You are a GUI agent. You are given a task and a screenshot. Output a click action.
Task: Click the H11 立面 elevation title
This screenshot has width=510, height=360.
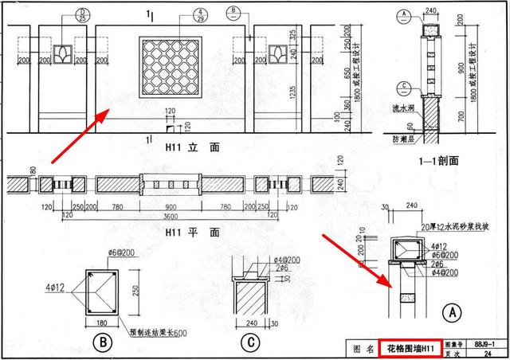point(191,147)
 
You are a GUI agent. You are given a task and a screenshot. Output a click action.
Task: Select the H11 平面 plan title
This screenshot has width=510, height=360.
point(191,233)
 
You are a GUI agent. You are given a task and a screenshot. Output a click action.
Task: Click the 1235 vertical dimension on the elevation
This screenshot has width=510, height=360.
point(292,93)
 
